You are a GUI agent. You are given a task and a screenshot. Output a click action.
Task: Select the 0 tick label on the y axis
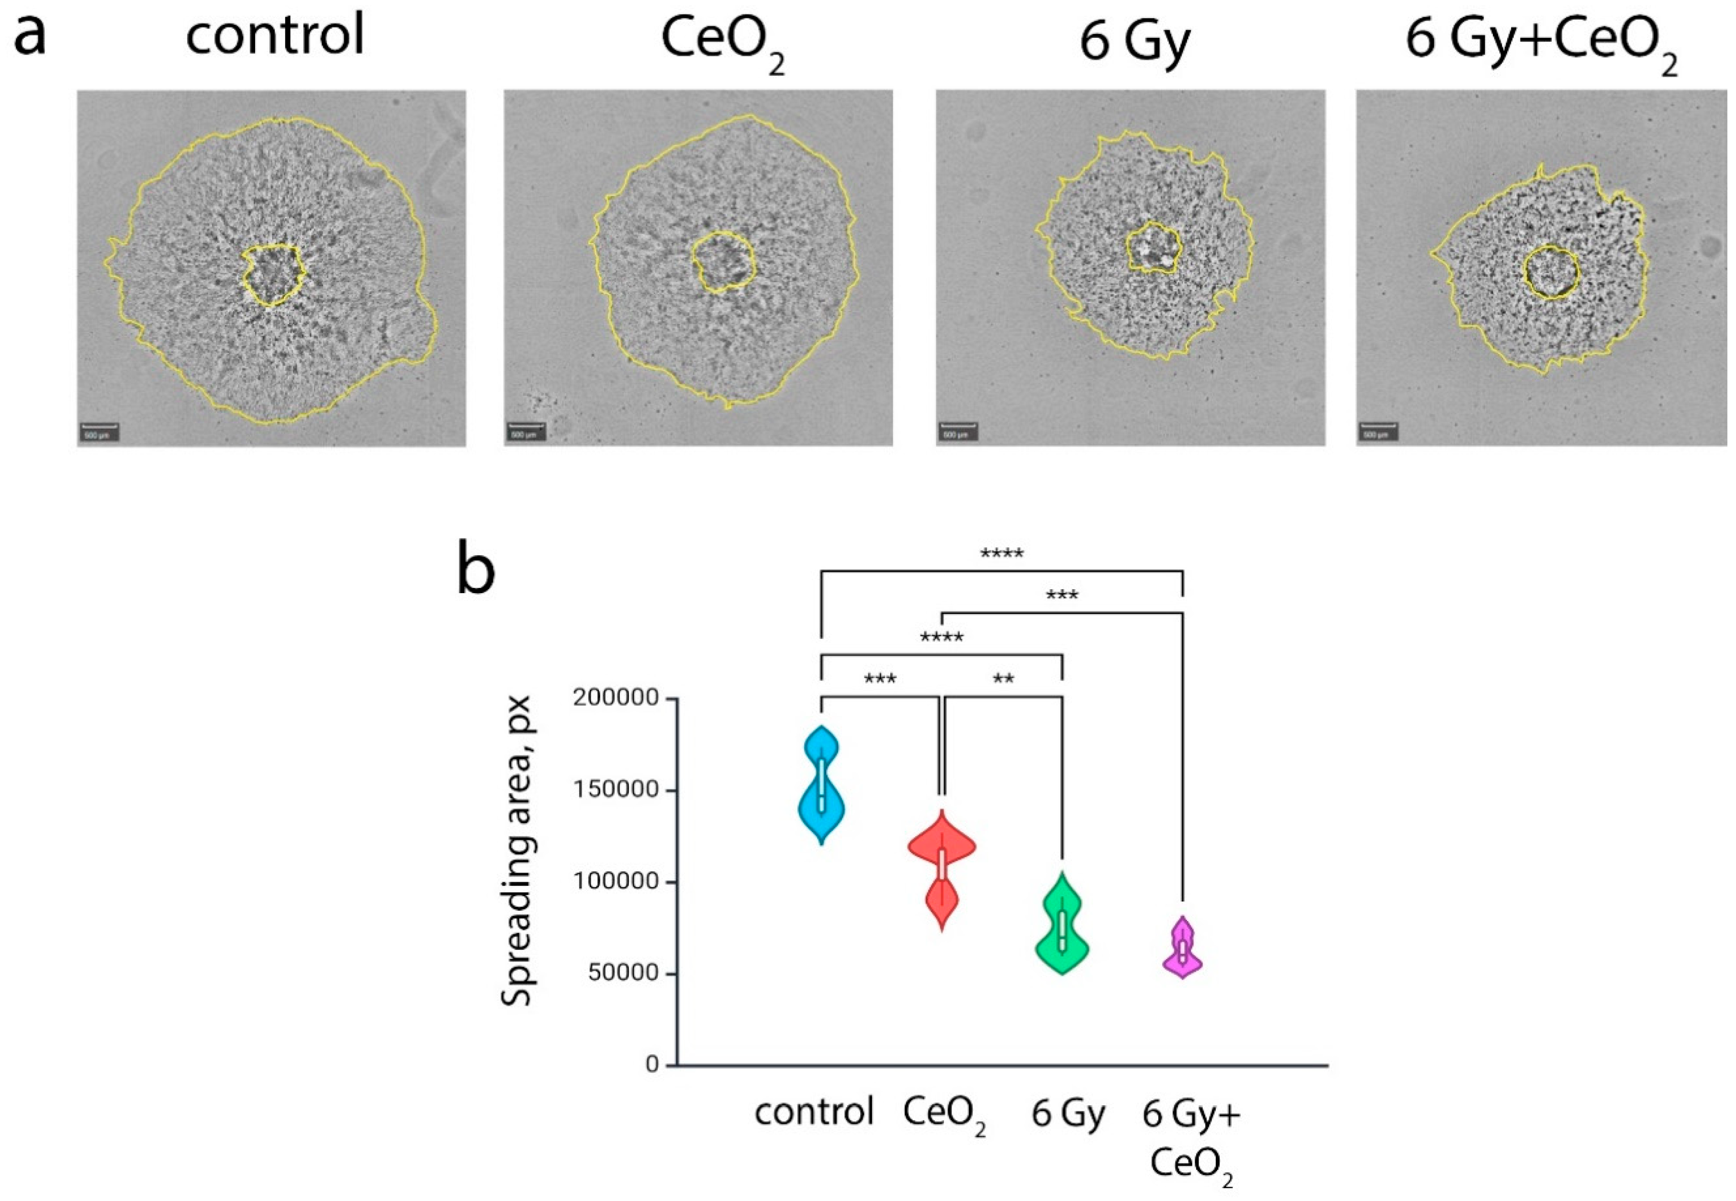pyautogui.click(x=652, y=1065)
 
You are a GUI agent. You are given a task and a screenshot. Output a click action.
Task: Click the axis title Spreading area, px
pyautogui.click(x=518, y=850)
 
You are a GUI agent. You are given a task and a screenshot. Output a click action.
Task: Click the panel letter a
pyautogui.click(x=30, y=34)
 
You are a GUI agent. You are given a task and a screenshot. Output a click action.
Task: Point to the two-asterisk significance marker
pyautogui.click(x=1003, y=680)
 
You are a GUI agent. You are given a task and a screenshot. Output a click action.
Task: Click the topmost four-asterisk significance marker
pyautogui.click(x=1001, y=555)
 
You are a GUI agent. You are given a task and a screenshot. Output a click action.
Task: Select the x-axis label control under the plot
pyautogui.click(x=814, y=1112)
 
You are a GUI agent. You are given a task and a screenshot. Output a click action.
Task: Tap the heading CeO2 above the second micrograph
pyautogui.click(x=721, y=42)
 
